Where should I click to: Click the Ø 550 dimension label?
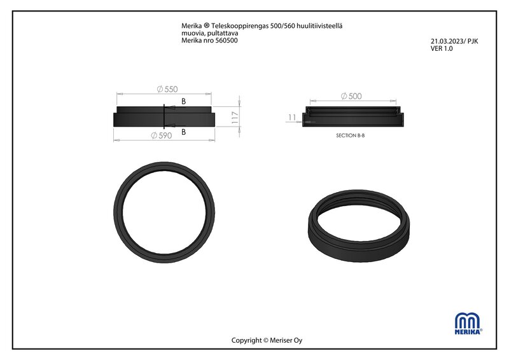coord(167,89)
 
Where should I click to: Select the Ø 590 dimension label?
coord(162,135)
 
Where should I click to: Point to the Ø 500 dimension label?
coord(351,96)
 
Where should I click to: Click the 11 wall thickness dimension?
coord(292,117)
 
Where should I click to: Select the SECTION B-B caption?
coord(351,135)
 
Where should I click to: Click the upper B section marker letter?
coord(183,102)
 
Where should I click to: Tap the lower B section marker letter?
coord(183,132)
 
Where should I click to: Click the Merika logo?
coord(468,324)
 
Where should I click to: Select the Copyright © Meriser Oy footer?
coord(267,340)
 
